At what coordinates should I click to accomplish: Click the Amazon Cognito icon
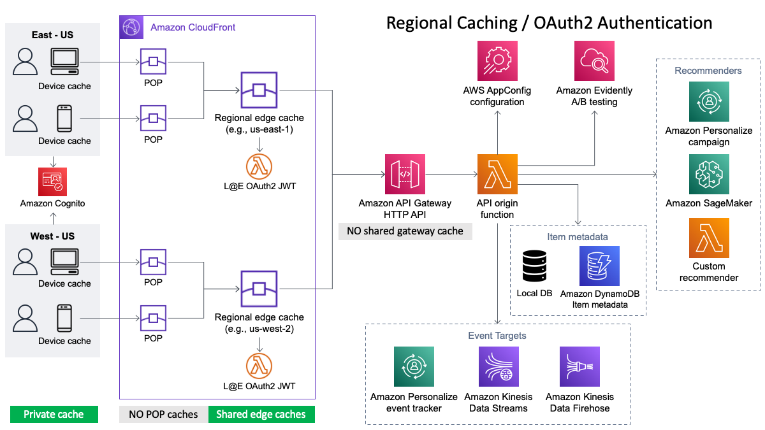[x=52, y=182]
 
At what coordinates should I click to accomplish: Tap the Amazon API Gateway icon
[x=405, y=175]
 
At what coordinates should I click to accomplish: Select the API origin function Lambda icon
[x=498, y=175]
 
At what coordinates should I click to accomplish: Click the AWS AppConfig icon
[x=498, y=61]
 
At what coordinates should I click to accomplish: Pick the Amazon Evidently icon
[x=594, y=61]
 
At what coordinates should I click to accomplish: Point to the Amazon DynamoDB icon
[x=599, y=266]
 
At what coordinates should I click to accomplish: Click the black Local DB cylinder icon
[x=534, y=266]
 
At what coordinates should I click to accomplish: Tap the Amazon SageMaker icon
[x=709, y=175]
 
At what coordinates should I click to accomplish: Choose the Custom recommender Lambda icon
[x=709, y=238]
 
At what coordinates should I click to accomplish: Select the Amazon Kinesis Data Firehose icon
[x=579, y=366]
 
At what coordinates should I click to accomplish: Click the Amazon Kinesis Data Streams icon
[x=499, y=366]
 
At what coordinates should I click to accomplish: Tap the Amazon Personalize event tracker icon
[x=414, y=366]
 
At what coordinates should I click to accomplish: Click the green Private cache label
[x=54, y=414]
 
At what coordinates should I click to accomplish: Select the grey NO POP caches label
[x=164, y=414]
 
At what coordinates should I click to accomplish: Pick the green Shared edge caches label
[x=261, y=414]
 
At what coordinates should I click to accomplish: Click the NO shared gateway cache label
[x=405, y=231]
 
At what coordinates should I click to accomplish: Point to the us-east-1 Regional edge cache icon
[x=259, y=90]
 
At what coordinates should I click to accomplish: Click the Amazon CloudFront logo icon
[x=131, y=27]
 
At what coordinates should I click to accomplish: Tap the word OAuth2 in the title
[x=562, y=23]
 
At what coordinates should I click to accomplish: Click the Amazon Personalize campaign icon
[x=709, y=102]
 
